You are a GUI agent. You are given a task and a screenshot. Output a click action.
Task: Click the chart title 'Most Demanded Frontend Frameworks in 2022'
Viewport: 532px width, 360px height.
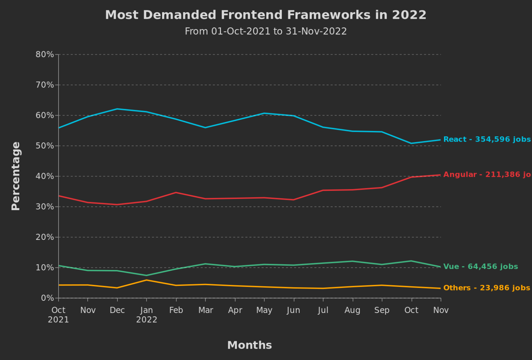point(266,15)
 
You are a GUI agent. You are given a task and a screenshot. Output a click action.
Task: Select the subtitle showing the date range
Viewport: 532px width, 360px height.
point(266,31)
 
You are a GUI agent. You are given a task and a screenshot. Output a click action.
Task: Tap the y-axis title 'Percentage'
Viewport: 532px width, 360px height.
point(16,176)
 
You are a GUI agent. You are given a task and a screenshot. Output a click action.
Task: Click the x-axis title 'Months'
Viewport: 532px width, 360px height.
point(249,345)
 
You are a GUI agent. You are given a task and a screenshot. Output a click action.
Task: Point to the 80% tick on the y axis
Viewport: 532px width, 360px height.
point(45,54)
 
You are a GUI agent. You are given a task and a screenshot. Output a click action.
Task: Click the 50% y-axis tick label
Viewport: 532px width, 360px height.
point(45,146)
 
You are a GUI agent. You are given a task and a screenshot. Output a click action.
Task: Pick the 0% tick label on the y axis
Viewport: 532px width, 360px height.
point(47,298)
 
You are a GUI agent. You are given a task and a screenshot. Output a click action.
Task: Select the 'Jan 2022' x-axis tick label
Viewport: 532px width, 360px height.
point(147,315)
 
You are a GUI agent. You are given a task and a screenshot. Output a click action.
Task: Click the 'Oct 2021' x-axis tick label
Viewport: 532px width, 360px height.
point(58,315)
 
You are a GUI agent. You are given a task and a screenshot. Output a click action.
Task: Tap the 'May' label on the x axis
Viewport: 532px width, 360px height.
point(264,310)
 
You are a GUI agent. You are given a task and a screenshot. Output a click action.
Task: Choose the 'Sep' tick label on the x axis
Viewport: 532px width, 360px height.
point(382,310)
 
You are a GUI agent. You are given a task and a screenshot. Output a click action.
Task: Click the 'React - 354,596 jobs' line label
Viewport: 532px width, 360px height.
point(487,139)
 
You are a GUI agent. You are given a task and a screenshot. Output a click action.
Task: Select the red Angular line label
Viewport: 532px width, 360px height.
point(487,174)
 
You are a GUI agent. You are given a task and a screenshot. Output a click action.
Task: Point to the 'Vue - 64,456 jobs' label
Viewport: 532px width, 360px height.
point(480,267)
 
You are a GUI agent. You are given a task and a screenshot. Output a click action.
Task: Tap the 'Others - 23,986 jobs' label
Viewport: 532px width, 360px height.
point(486,288)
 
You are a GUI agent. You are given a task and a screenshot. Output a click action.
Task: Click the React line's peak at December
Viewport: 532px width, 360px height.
point(117,109)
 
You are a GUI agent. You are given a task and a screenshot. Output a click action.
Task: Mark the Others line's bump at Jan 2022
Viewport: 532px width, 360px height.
point(147,280)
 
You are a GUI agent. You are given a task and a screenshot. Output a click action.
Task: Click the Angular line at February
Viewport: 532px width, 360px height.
point(176,192)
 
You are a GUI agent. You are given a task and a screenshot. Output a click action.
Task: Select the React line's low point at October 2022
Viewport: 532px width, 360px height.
point(411,143)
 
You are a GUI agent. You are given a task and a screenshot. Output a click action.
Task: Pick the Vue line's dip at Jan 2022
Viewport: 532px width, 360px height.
point(147,276)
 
